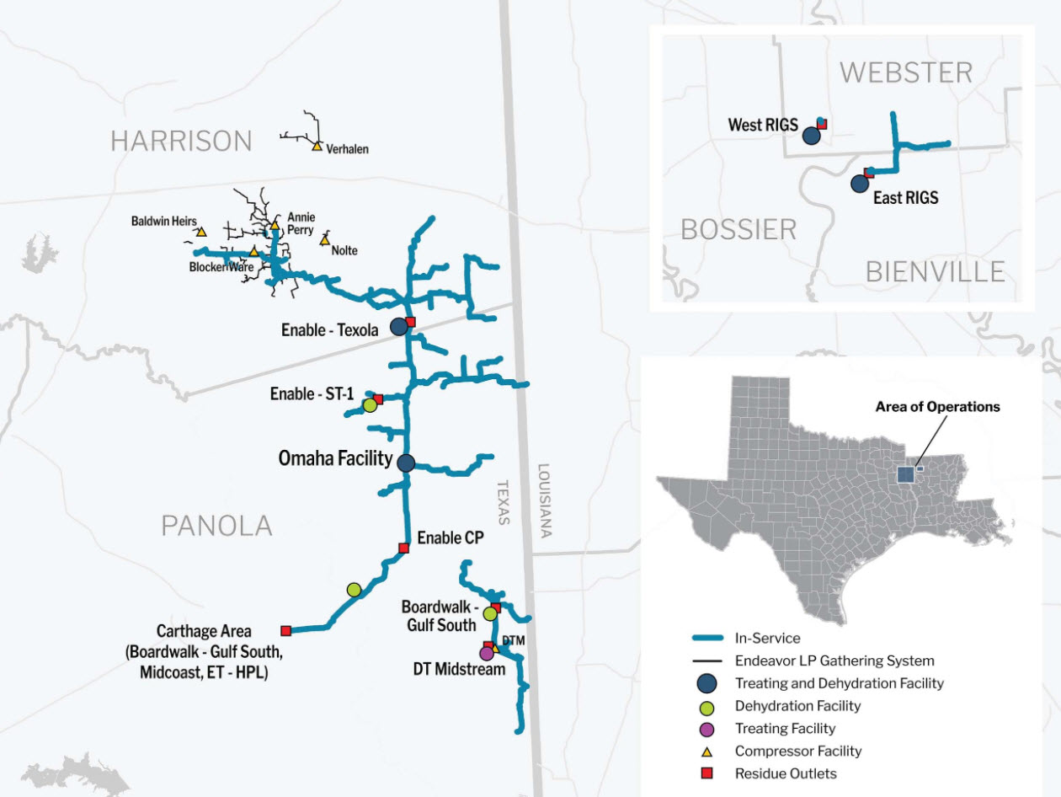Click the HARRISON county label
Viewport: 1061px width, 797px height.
click(181, 141)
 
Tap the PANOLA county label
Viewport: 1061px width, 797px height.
click(216, 526)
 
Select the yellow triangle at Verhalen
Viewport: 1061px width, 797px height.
click(317, 147)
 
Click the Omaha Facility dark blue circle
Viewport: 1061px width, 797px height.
click(406, 462)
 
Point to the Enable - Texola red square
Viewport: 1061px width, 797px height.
click(411, 321)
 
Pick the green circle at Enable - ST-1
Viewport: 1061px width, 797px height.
click(370, 405)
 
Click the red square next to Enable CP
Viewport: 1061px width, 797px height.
click(403, 548)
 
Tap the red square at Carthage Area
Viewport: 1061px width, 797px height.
click(285, 630)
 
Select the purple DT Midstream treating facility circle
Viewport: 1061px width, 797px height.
click(486, 653)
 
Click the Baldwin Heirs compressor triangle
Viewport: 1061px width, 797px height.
click(201, 232)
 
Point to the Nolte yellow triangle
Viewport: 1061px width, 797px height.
click(325, 241)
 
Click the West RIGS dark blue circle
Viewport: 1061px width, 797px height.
click(811, 135)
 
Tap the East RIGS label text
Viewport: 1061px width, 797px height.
click(905, 199)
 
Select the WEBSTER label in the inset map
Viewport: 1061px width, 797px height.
click(905, 72)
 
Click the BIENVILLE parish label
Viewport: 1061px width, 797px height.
click(935, 271)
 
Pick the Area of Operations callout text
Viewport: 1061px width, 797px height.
click(937, 406)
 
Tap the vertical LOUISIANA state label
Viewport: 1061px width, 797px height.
click(544, 500)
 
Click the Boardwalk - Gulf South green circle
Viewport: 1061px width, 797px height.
click(490, 613)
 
